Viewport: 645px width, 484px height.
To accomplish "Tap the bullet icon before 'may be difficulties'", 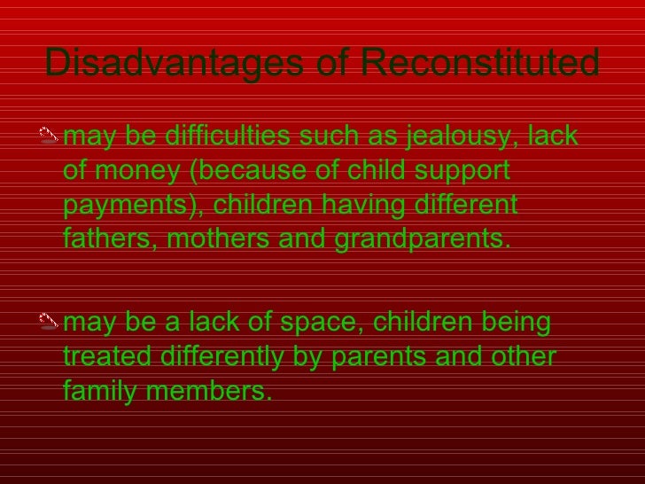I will pos(51,138).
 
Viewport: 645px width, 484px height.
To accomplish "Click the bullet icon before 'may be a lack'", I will pos(51,324).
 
